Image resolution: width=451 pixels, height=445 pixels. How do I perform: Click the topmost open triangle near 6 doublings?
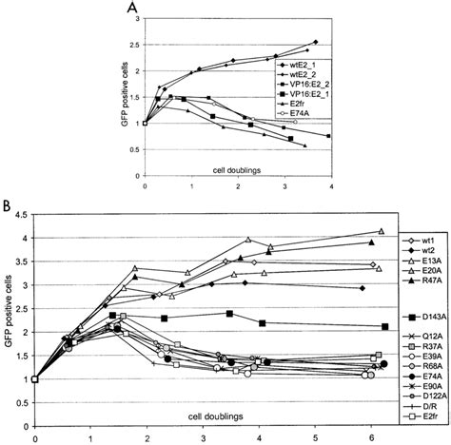pos(382,231)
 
